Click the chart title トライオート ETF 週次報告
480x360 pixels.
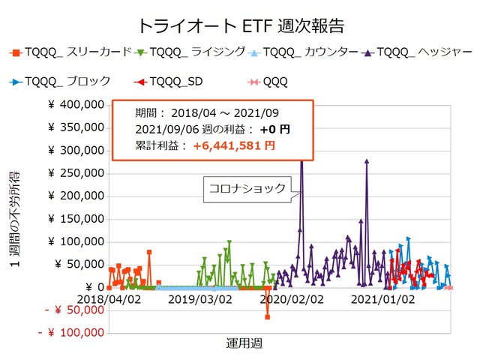(x=240, y=25)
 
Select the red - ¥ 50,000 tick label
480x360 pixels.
(x=72, y=310)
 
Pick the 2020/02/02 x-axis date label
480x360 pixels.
(x=291, y=298)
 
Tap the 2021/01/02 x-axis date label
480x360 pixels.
(x=383, y=298)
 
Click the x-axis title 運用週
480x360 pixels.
(x=244, y=343)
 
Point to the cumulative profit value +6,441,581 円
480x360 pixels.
(x=234, y=145)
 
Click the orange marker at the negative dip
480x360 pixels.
(x=267, y=316)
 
